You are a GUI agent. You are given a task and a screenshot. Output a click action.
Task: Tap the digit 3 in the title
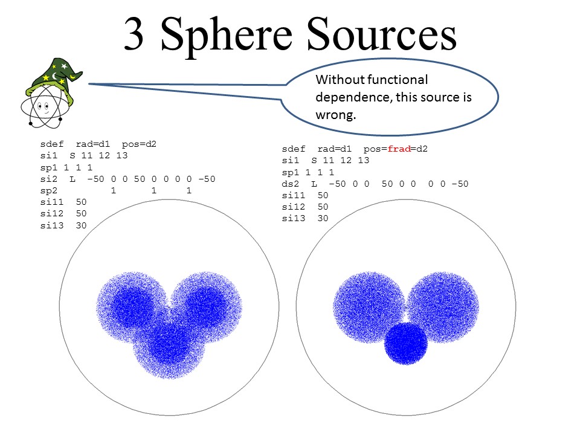tap(134, 34)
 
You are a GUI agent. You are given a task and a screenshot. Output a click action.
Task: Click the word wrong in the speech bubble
tap(335, 115)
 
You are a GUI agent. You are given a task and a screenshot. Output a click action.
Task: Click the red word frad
tap(399, 149)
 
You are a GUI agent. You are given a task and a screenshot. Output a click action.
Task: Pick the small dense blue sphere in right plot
tap(406, 344)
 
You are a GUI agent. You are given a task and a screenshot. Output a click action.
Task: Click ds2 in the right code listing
tap(290, 184)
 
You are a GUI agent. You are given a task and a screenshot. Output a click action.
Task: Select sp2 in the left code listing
tap(49, 191)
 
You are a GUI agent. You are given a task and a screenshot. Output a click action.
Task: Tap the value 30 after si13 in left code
tap(81, 225)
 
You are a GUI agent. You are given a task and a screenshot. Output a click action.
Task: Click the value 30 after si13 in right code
tap(323, 218)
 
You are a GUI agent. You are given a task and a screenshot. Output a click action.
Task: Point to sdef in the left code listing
tap(52, 144)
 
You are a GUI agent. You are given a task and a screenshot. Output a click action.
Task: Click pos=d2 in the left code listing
tap(139, 144)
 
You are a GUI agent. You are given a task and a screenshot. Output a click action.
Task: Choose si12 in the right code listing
tap(294, 207)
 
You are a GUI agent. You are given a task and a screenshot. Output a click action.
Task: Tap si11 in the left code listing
tap(52, 202)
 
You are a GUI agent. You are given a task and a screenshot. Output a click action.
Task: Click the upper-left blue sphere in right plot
tap(369, 308)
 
